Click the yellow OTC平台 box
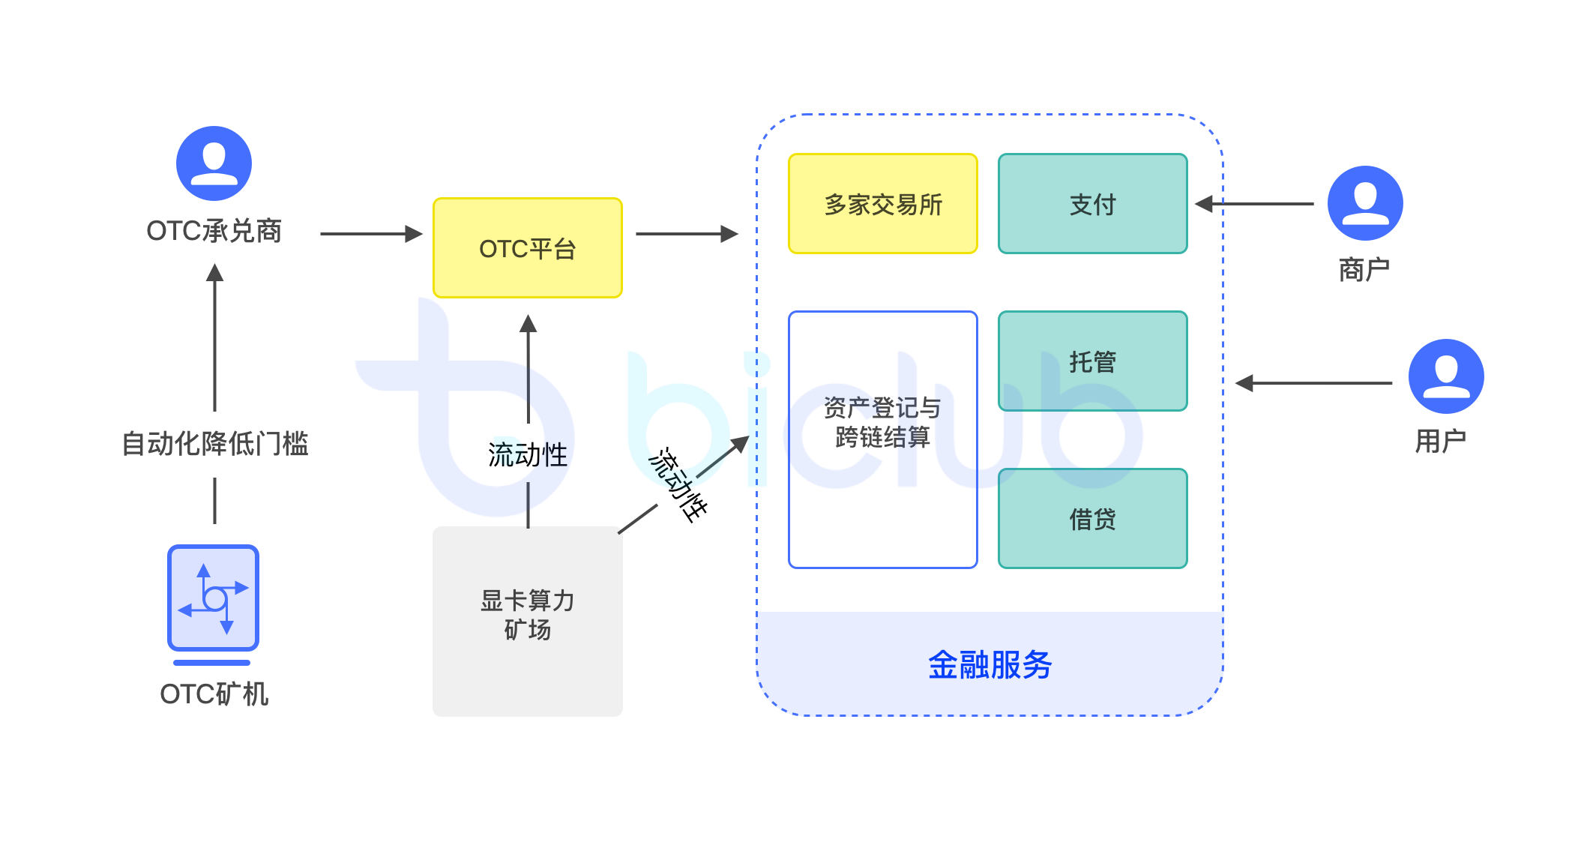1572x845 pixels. (528, 248)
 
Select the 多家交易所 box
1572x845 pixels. (883, 204)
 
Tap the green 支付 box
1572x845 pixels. (1093, 204)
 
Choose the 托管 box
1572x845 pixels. (1093, 361)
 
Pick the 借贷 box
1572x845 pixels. (1093, 519)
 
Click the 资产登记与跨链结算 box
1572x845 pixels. (883, 440)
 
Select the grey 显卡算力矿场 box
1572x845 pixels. (528, 621)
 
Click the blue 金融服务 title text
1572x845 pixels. (990, 665)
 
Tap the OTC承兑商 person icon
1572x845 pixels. (214, 163)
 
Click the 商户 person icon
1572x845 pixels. (1365, 203)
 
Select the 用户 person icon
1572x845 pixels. (1446, 376)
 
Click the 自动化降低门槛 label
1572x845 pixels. (215, 444)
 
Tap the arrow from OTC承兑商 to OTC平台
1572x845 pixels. (372, 234)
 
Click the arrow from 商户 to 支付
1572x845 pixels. (1254, 204)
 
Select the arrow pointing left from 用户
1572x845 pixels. (1313, 383)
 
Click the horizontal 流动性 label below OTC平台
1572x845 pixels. (528, 455)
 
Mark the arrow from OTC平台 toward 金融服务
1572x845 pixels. (687, 234)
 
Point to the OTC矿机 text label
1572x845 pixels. (214, 694)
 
